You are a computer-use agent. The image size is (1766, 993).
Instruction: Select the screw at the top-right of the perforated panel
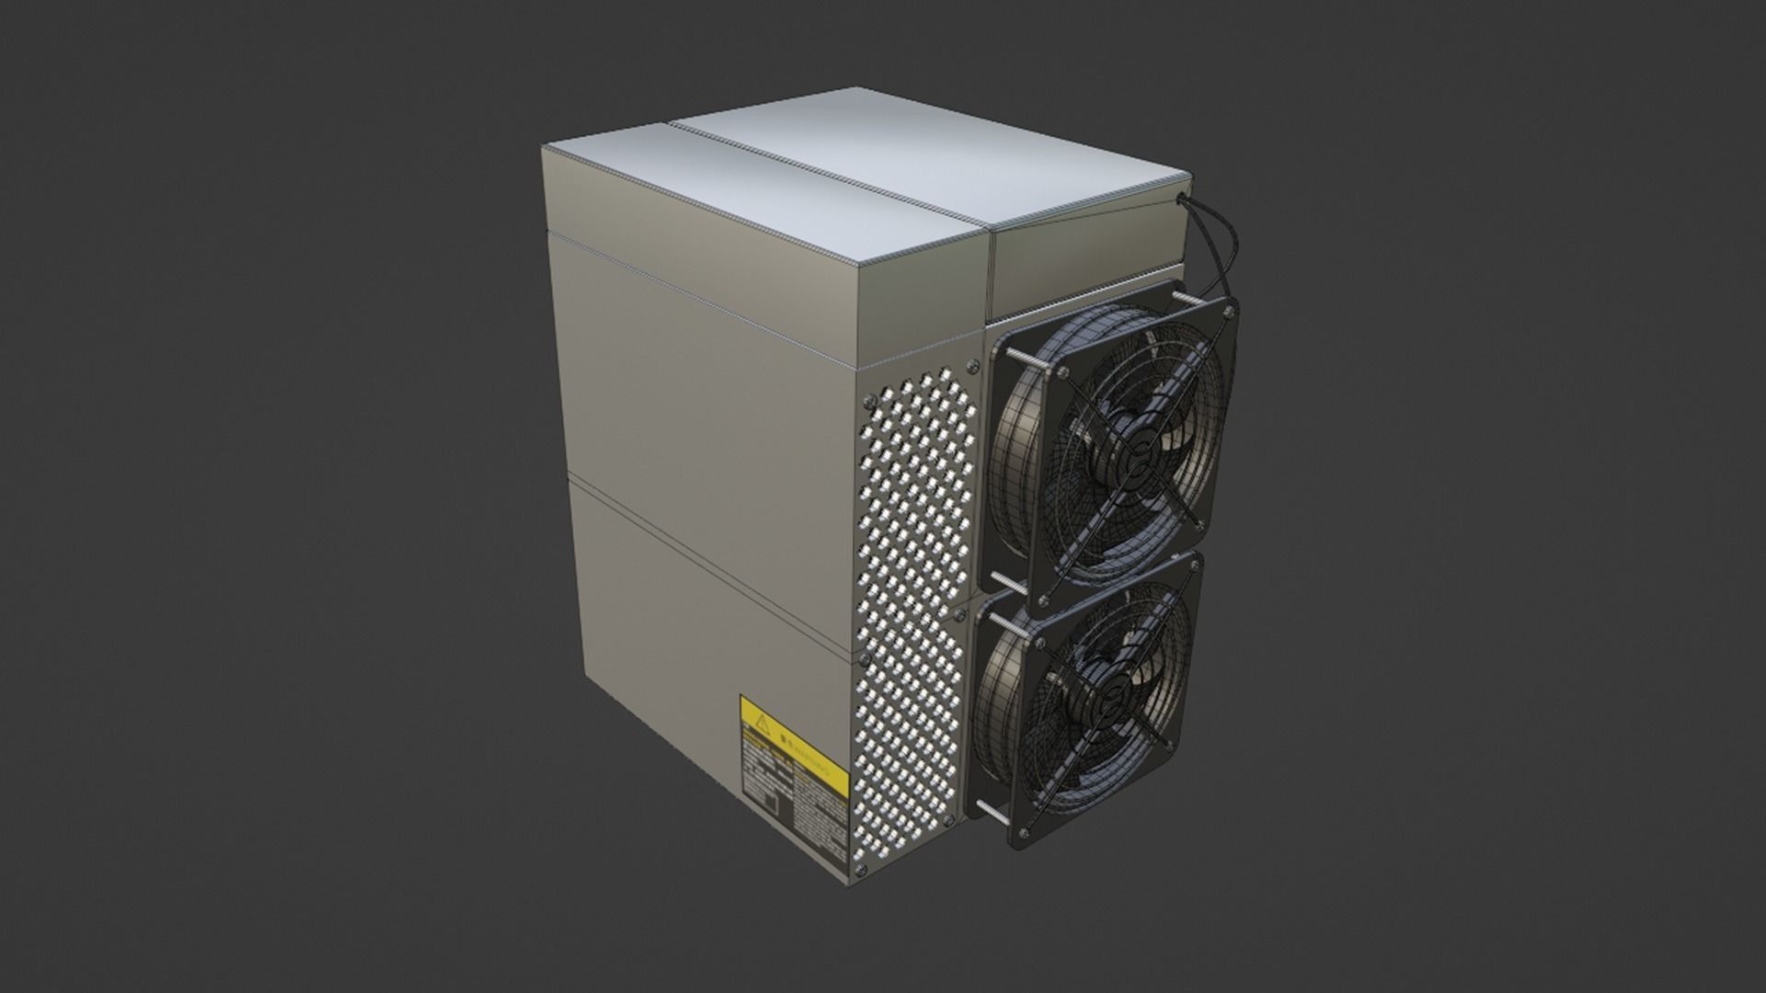(972, 366)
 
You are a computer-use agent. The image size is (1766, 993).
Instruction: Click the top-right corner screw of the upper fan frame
(1228, 314)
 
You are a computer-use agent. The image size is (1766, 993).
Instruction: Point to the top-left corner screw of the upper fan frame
(1064, 371)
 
